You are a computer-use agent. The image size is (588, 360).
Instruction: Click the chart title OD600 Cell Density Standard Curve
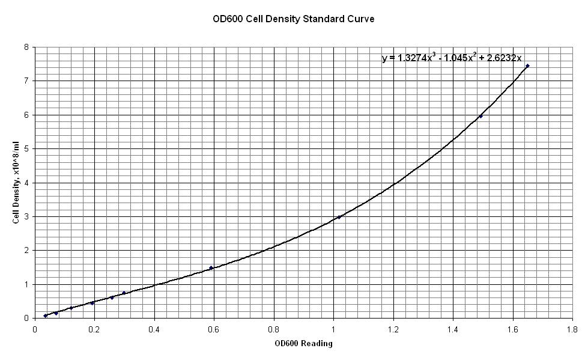293,19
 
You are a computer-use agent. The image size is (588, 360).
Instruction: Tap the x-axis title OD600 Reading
303,344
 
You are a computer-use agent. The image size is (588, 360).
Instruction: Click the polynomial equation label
452,58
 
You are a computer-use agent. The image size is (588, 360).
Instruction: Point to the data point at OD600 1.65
527,66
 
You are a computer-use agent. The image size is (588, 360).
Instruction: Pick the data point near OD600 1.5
480,116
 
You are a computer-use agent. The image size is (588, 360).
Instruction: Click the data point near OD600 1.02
339,217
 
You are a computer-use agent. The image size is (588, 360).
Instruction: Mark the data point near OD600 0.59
211,267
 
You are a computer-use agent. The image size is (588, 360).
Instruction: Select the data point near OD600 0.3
124,293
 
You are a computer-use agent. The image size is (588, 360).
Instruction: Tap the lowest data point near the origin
45,316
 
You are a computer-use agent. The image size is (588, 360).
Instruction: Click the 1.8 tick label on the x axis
572,329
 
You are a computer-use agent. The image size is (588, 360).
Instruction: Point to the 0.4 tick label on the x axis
154,329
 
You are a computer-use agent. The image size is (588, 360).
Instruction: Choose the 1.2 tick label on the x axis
393,329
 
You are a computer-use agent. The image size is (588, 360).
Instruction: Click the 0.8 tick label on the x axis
274,329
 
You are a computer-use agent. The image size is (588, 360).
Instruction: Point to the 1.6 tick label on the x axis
513,329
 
